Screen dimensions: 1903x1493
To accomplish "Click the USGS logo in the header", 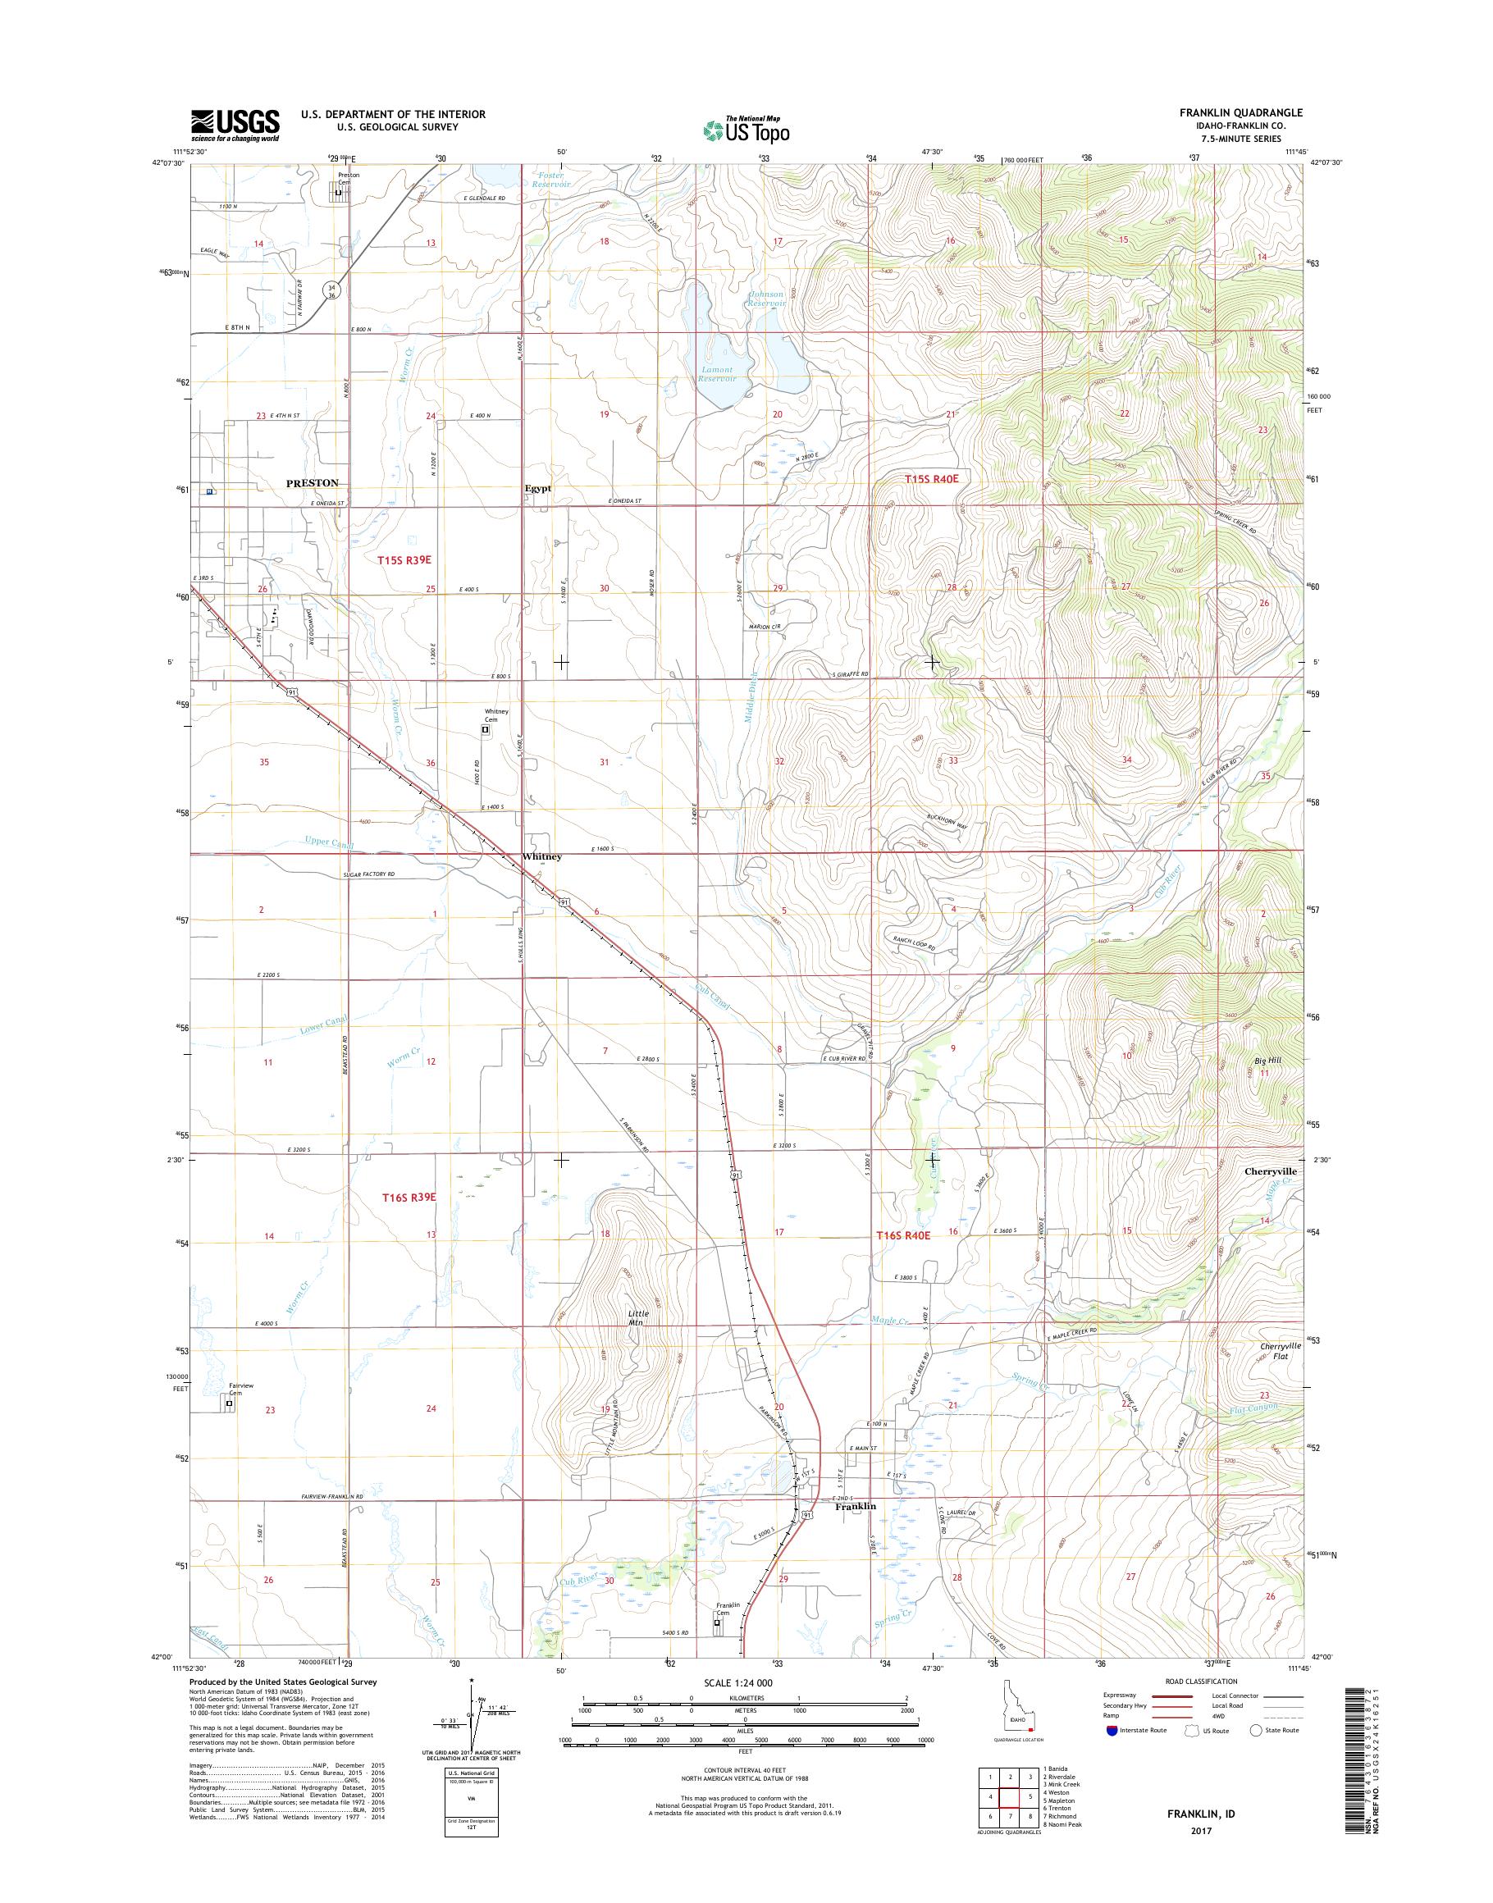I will point(235,124).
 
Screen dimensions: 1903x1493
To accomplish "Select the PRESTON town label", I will point(312,482).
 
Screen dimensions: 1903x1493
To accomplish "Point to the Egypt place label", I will point(537,489).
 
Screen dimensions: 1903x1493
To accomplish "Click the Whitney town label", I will point(542,856).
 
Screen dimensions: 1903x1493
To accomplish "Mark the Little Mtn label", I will point(638,1318).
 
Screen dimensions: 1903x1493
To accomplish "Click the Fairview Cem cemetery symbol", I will point(230,1403).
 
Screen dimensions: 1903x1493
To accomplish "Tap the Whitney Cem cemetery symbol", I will point(486,728).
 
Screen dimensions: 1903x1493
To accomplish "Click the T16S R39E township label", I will point(406,1197).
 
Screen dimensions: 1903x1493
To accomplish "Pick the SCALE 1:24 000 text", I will point(737,1682).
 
